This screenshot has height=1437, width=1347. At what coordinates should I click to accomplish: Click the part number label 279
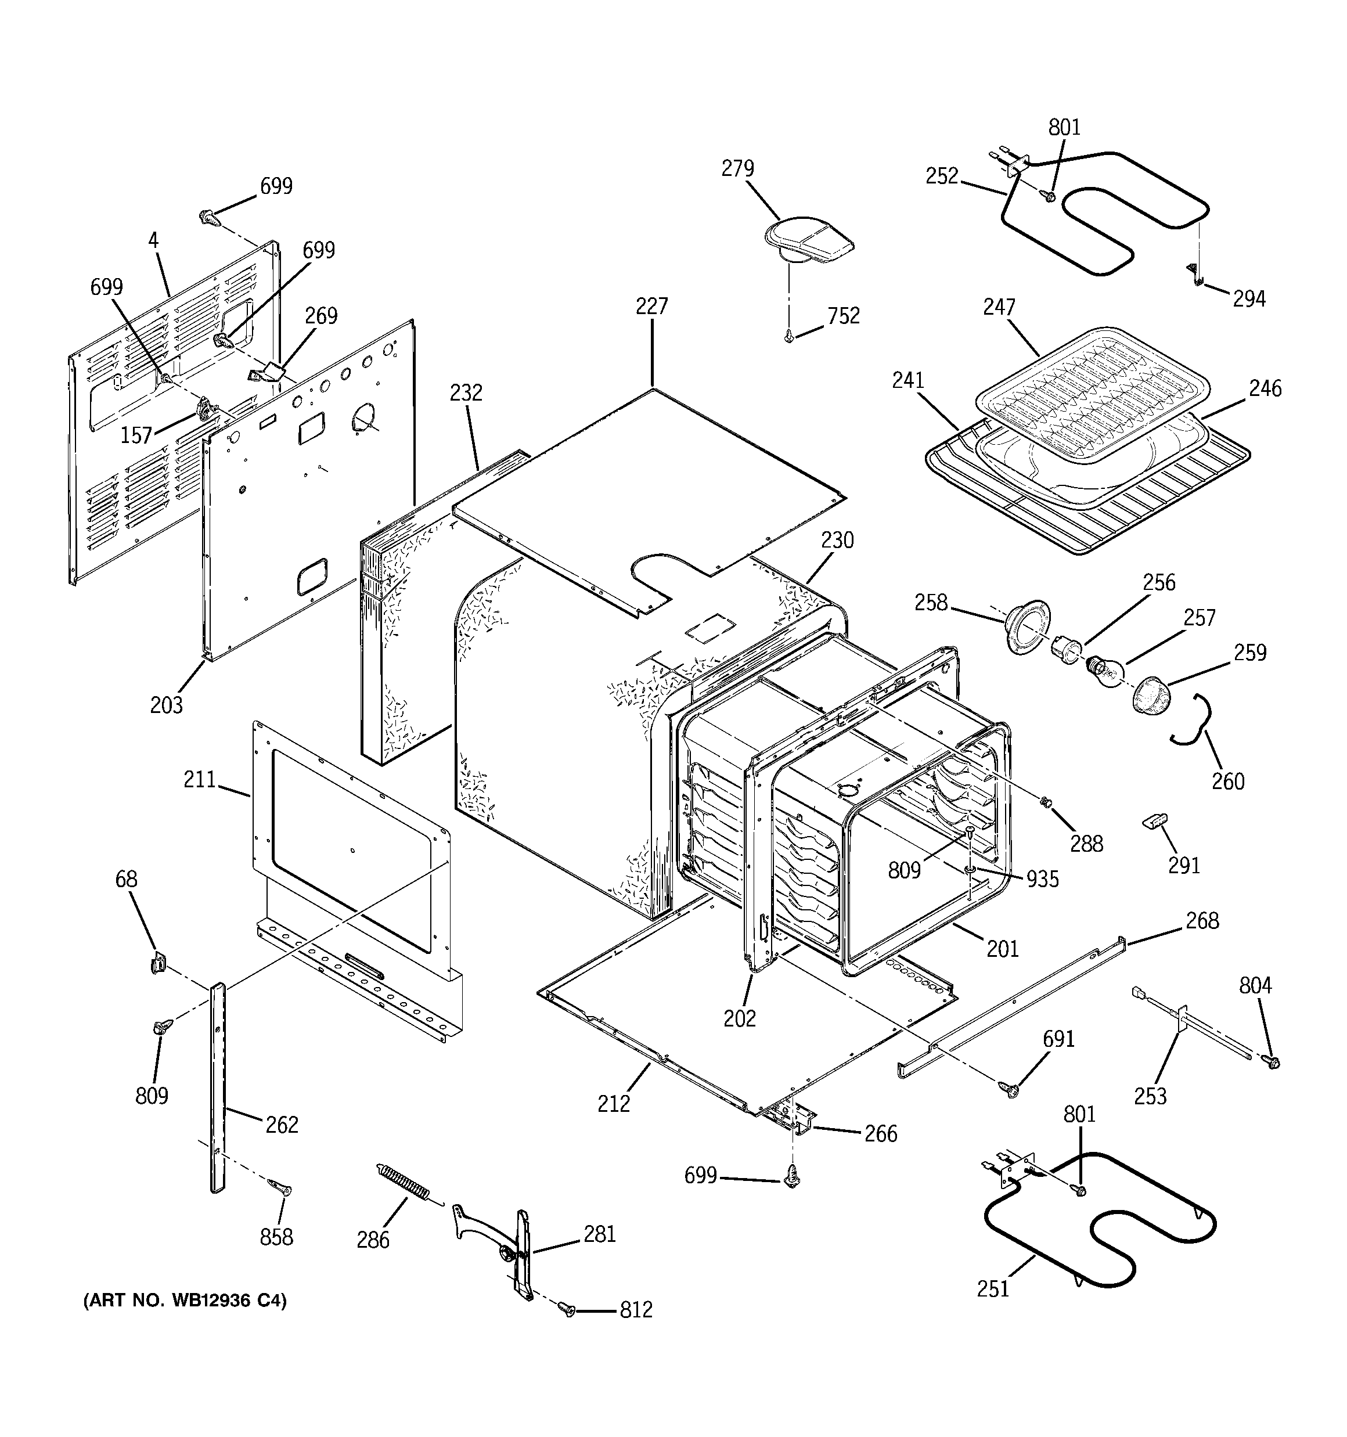(x=737, y=168)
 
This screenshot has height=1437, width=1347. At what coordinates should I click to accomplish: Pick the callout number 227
(x=651, y=307)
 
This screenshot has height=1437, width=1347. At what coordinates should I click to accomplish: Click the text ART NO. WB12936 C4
(x=185, y=1301)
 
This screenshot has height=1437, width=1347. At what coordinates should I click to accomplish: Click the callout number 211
(x=200, y=779)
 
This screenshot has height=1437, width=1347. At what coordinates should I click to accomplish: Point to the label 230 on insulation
(x=837, y=541)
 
